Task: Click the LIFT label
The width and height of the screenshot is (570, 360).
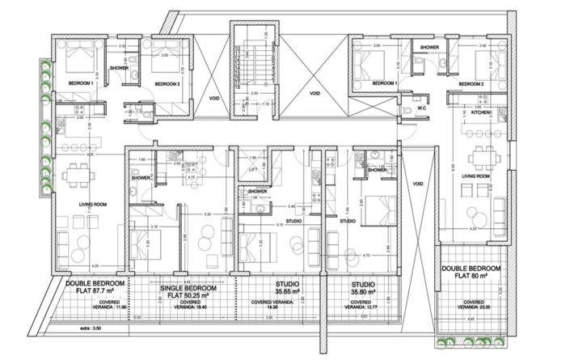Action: pos(253,171)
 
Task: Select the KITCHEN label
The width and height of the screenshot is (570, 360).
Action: pos(482,112)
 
